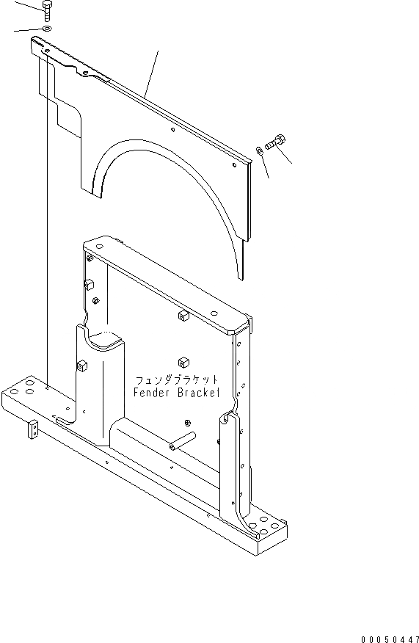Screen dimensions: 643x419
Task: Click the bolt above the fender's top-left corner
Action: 45,10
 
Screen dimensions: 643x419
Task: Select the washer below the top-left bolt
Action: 45,29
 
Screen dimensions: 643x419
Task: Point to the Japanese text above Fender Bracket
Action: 176,380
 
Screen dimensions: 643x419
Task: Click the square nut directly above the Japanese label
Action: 181,361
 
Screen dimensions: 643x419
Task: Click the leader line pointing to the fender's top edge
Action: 152,73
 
